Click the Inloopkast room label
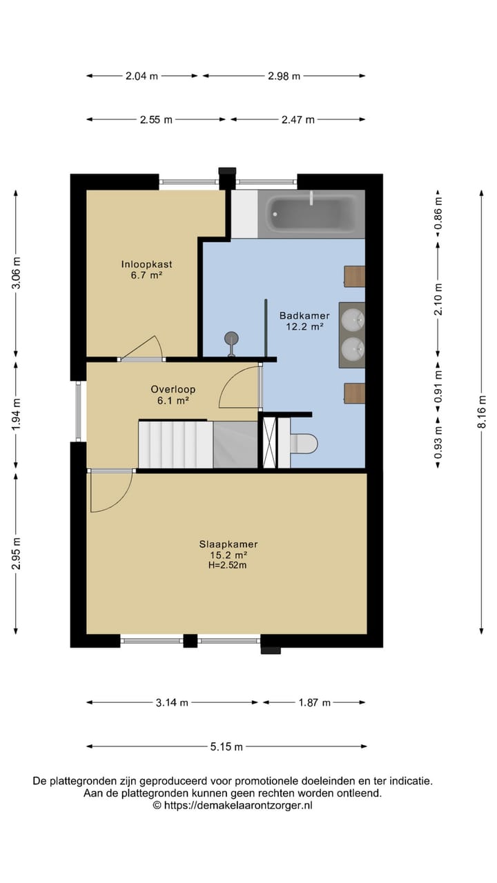[147, 264]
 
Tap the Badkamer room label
[304, 315]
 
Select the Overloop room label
[173, 390]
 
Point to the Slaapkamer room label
[228, 544]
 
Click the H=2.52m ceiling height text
[228, 565]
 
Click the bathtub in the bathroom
[311, 214]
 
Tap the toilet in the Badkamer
[303, 444]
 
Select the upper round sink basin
[353, 319]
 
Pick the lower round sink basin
[353, 349]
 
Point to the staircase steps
[176, 444]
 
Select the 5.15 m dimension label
[226, 747]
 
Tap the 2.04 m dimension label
[142, 76]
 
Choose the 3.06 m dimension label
[16, 272]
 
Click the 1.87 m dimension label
[314, 703]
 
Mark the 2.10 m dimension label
[438, 299]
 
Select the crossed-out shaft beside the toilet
[270, 443]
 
